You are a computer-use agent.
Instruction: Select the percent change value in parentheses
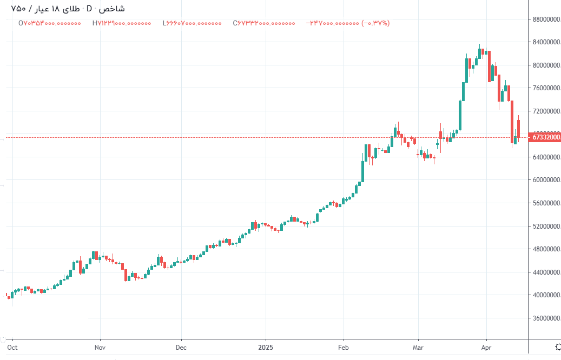[x=375, y=23]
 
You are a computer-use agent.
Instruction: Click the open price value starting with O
[x=49, y=23]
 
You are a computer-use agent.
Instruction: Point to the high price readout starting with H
[x=122, y=23]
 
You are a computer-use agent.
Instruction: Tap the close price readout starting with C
[x=264, y=23]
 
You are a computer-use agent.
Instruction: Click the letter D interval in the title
[x=89, y=9]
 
